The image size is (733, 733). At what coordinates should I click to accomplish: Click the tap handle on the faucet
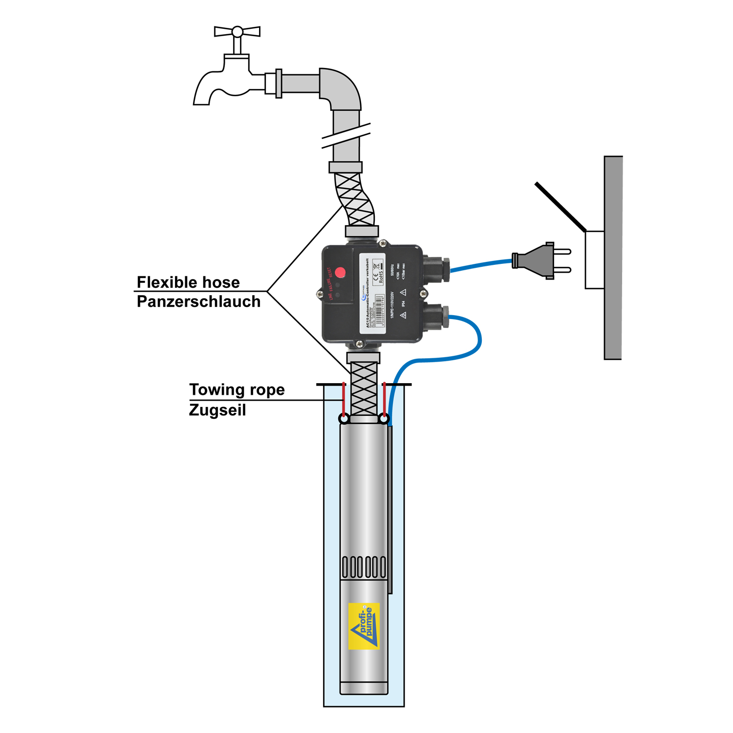tap(237, 32)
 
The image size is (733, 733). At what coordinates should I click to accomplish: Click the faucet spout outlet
tap(201, 101)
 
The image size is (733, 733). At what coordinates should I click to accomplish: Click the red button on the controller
tap(340, 272)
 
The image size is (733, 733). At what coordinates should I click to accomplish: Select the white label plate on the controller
tap(372, 293)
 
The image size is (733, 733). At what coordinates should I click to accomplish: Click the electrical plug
tap(538, 261)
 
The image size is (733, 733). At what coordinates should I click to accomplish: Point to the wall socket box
tap(595, 259)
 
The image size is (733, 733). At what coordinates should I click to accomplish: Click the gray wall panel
tap(613, 258)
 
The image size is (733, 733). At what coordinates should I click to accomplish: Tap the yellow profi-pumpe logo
tap(364, 626)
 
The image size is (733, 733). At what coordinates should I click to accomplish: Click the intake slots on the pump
tap(364, 567)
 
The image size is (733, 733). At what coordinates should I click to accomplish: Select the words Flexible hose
tap(188, 282)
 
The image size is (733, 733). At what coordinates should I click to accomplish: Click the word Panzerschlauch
tap(198, 302)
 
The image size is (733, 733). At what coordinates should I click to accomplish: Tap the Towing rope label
tap(237, 390)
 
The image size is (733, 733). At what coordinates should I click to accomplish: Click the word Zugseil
tap(217, 410)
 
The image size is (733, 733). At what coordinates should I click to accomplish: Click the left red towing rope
tap(344, 398)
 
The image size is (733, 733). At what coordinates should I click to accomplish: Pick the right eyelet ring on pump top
tap(384, 419)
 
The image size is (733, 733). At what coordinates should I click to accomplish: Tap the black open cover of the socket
tap(560, 207)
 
